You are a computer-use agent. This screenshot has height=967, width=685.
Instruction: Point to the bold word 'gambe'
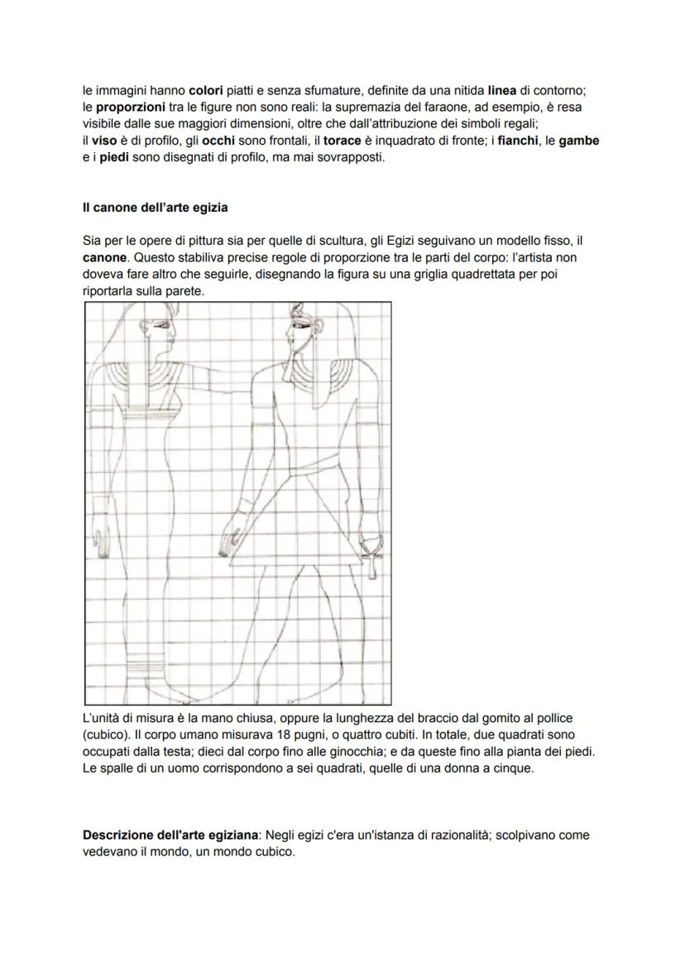(578, 141)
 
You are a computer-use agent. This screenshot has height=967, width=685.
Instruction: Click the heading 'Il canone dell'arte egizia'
(155, 207)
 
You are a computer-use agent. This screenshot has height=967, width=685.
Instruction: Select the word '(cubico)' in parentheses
(108, 735)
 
